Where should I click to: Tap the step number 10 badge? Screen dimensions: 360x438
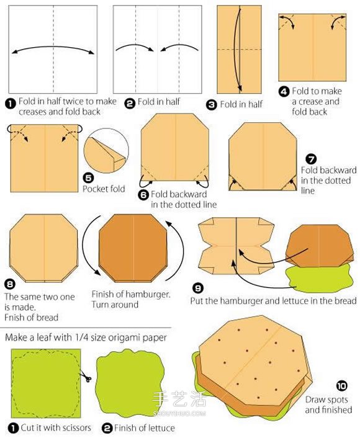coord(341,386)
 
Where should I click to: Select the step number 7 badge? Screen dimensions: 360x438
coord(311,159)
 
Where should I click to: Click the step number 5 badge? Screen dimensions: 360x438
coord(88,177)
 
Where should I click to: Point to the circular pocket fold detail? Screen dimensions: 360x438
coord(106,151)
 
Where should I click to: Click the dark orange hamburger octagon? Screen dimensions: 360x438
coord(133,248)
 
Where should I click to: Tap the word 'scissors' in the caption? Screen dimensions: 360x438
coord(73,427)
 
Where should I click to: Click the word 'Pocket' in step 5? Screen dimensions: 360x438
coord(95,189)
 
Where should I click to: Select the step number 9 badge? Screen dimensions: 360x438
coord(198,288)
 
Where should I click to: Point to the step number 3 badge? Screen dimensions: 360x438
coord(211,105)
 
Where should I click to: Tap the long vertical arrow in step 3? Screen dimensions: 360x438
coord(237,49)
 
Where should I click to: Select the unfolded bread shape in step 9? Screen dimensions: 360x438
coord(236,246)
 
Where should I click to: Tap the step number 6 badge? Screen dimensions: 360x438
coord(143,194)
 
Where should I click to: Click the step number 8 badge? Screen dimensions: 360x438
coord(10,285)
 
